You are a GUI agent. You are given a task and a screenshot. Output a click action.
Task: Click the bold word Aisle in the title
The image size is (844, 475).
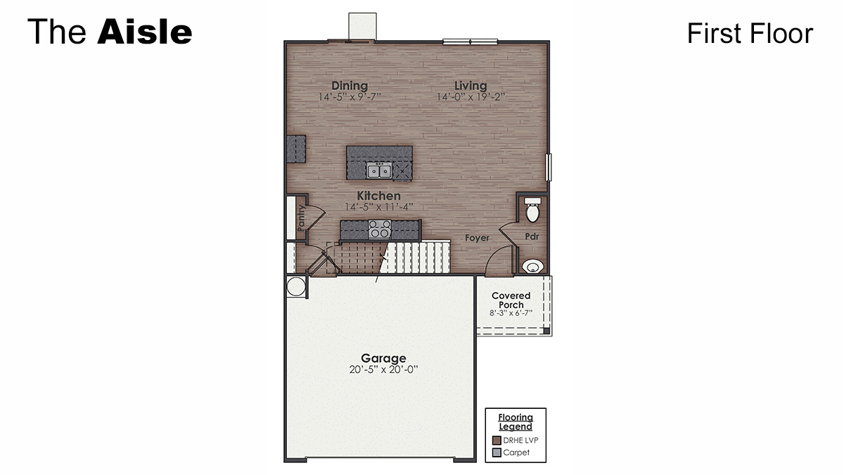point(144,32)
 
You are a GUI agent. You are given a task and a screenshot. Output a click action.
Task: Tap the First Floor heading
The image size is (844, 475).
point(750,33)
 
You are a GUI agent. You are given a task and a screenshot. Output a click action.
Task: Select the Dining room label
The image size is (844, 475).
point(350,86)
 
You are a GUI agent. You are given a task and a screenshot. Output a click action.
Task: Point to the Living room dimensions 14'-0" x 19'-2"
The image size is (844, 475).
point(471,97)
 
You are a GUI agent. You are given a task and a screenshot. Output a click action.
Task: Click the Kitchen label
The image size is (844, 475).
point(378,196)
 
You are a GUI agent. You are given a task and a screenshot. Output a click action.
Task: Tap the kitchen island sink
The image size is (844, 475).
point(379,170)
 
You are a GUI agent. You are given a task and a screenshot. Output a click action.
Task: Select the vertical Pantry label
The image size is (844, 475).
point(300,218)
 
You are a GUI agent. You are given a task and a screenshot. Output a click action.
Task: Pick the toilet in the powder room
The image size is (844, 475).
point(532,210)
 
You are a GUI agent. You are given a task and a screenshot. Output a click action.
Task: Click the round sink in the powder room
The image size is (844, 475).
point(533,266)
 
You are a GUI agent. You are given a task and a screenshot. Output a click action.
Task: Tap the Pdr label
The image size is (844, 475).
point(532,236)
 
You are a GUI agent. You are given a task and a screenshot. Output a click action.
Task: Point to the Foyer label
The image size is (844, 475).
point(477,238)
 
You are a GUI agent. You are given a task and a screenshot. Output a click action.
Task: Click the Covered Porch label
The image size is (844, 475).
point(511,300)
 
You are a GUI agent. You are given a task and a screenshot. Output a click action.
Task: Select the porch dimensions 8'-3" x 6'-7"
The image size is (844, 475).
point(511,313)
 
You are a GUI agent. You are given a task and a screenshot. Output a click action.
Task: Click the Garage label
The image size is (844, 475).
point(383,358)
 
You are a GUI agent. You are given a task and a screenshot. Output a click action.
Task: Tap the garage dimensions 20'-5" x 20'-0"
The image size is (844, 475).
point(383,369)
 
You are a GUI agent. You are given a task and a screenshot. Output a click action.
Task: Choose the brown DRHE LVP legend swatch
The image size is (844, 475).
point(497,441)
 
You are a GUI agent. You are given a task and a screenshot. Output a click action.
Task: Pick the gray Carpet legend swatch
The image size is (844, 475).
point(497,452)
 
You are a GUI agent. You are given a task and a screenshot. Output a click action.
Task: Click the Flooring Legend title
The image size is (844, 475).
point(516,422)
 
